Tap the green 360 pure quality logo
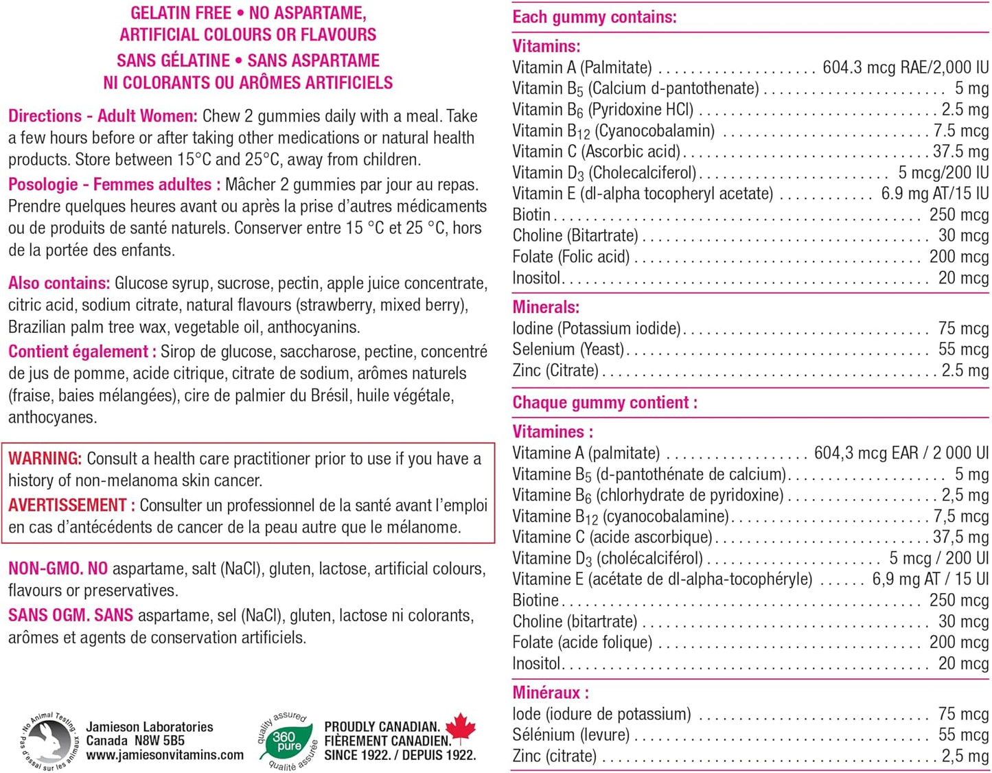pos(286,741)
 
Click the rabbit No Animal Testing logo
pos(49,741)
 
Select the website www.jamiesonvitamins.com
pos(165,755)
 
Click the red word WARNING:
pos(45,459)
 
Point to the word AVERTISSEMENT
pos(67,505)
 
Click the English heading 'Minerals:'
pos(546,307)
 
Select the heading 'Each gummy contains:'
pos(595,17)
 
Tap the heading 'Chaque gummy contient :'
pos(605,402)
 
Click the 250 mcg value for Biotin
pos(958,215)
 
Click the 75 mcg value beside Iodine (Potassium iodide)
pos(963,328)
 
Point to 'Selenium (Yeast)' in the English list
pos(568,349)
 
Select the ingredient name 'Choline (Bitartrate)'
pos(575,235)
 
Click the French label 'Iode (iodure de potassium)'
pos(601,714)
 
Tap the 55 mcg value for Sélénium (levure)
pos(963,735)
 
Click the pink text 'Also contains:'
pos(59,283)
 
